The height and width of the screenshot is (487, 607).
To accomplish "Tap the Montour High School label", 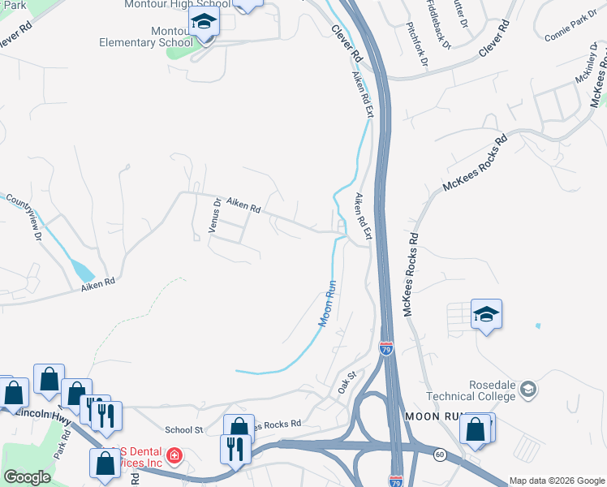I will (177, 4).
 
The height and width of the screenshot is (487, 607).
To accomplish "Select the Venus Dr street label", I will (215, 216).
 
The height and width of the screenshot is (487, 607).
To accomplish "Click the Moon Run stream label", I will (326, 304).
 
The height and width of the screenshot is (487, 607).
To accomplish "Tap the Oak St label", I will (347, 383).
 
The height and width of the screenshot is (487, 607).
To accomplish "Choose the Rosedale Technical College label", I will (470, 390).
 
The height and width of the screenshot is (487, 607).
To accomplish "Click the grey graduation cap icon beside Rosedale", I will (529, 390).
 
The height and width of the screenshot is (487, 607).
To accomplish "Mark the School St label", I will (183, 429).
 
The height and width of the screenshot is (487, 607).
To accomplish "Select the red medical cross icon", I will (173, 458).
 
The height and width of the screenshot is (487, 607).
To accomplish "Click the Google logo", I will (27, 477).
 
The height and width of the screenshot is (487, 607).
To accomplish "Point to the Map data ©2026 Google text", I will (556, 480).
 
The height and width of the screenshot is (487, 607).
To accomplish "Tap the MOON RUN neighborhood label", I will (433, 416).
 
